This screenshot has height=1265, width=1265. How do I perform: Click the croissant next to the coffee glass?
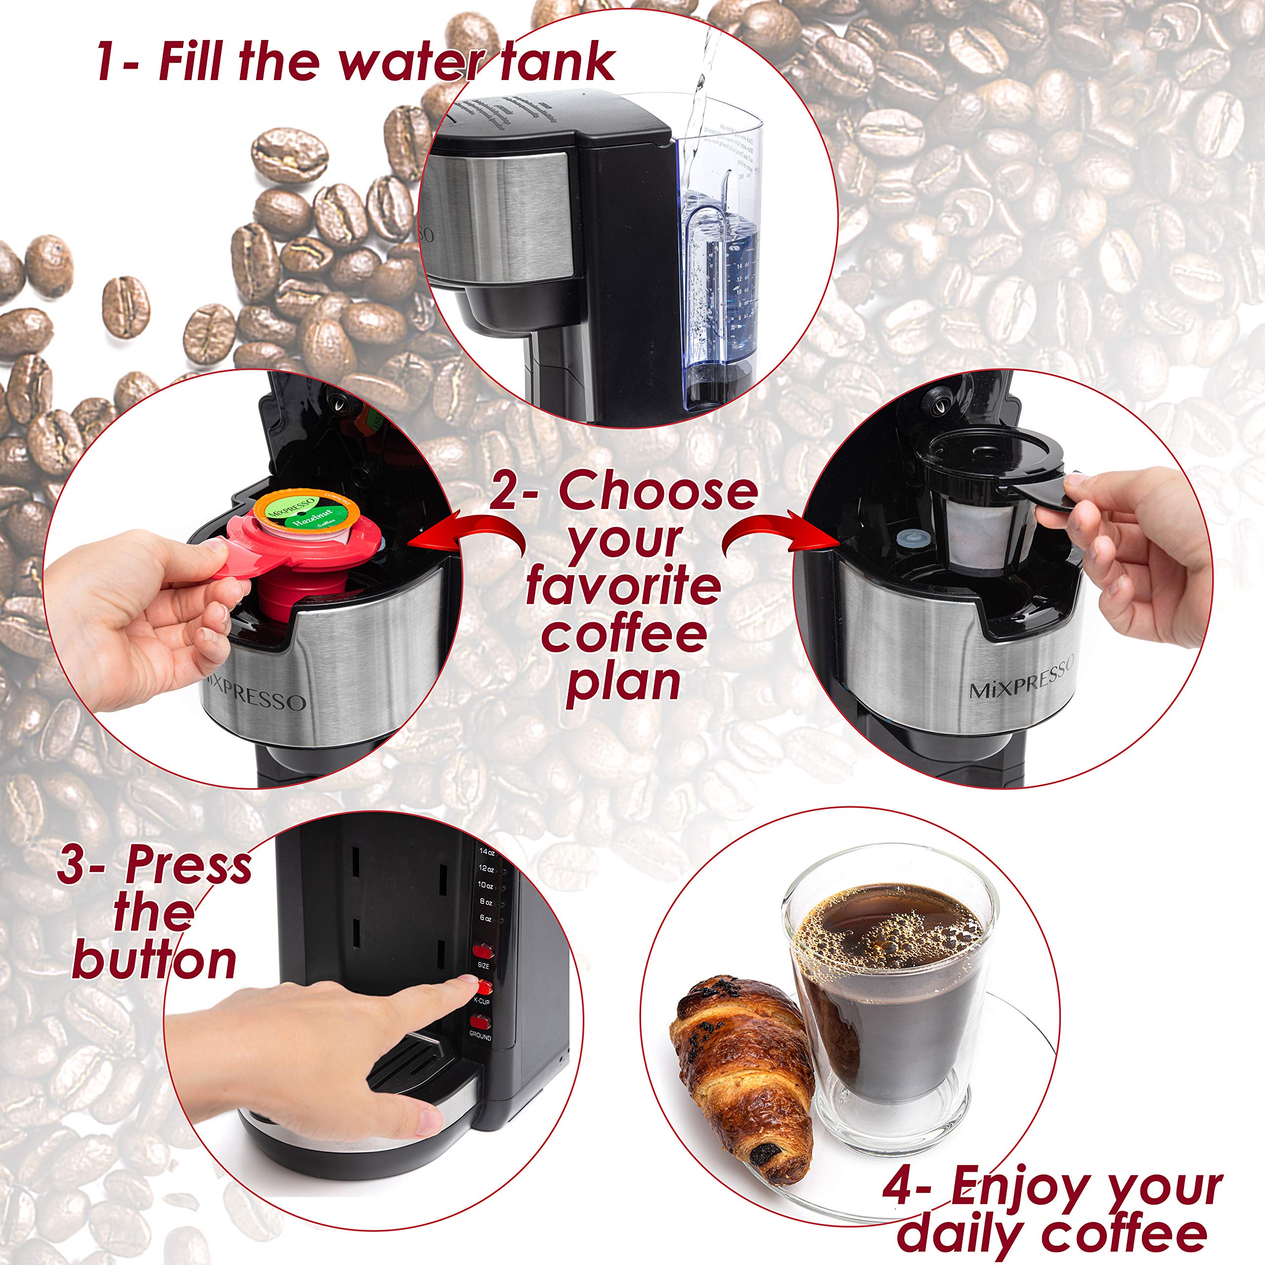point(740,1074)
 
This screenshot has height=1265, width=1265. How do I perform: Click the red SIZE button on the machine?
point(483,951)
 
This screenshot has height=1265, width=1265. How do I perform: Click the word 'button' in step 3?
point(155,961)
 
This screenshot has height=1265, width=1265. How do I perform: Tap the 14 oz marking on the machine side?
point(486,851)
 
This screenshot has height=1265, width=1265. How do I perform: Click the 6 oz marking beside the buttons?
point(485,919)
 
